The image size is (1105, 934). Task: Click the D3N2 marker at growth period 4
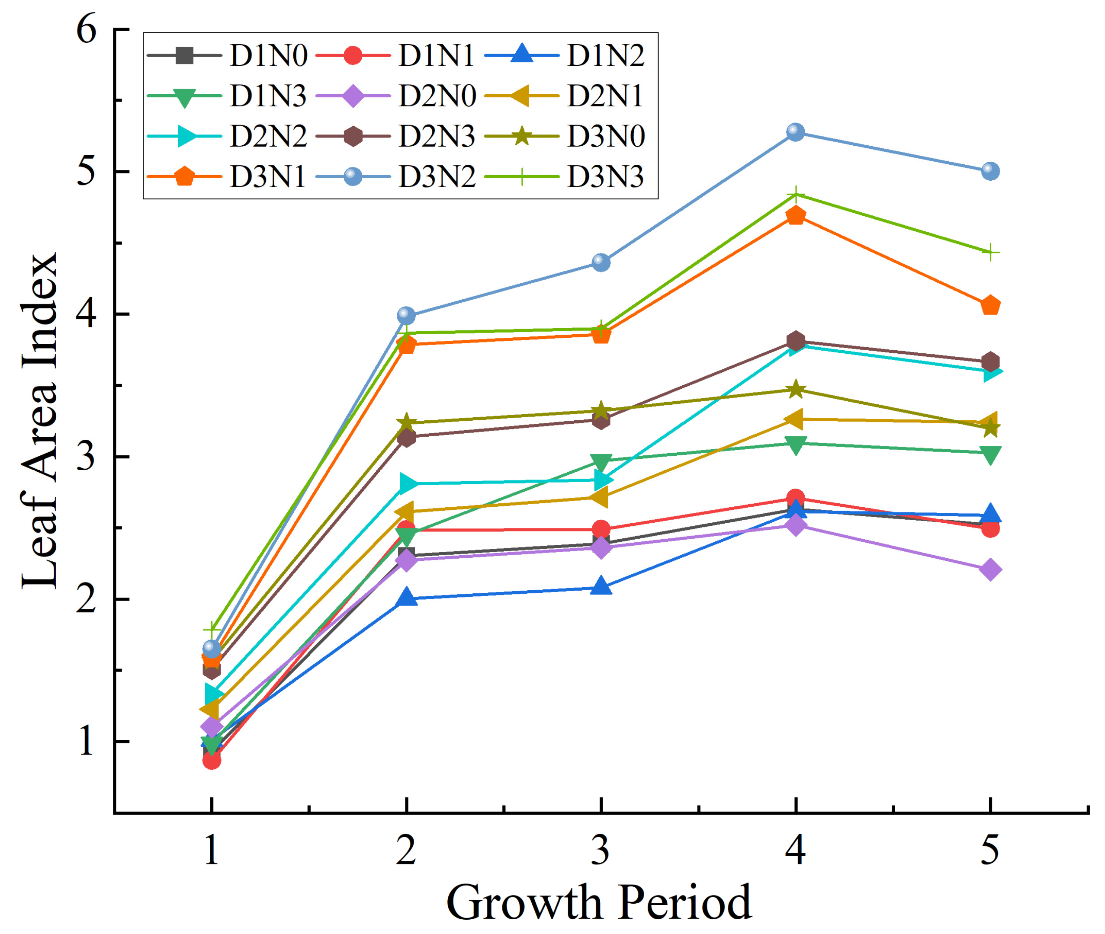[795, 132]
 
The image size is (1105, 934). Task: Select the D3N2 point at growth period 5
[990, 171]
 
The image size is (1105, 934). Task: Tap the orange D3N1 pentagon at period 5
[990, 306]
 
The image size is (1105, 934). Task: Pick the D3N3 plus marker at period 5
[990, 253]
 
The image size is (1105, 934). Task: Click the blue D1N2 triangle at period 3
[601, 587]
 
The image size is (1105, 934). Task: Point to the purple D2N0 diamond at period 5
[990, 570]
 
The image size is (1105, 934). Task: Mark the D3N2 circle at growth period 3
[601, 262]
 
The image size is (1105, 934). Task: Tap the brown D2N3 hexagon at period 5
[990, 362]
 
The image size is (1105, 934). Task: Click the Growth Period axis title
[599, 902]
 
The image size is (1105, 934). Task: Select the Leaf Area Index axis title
[40, 421]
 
